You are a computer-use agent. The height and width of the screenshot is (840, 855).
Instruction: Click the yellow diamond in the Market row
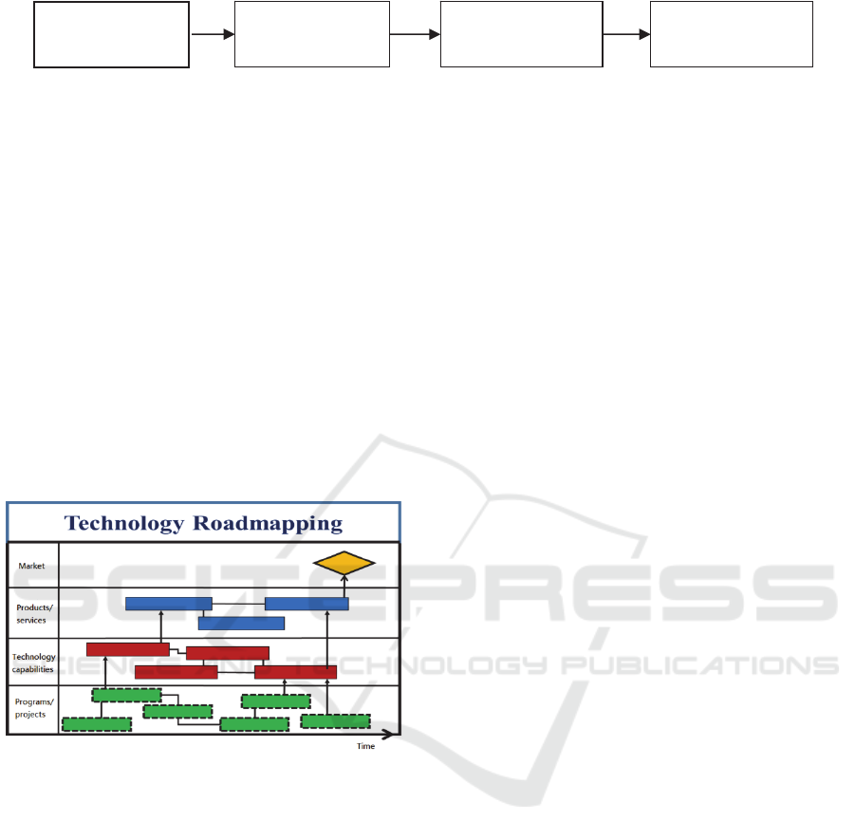pyautogui.click(x=344, y=563)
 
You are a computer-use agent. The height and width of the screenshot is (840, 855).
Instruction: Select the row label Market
pyautogui.click(x=31, y=567)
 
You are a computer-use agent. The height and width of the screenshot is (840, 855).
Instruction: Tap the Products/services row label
pyautogui.click(x=34, y=614)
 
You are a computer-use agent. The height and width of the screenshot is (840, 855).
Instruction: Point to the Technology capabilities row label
pyautogui.click(x=34, y=663)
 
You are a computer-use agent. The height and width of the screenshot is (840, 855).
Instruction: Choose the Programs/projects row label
pyautogui.click(x=34, y=708)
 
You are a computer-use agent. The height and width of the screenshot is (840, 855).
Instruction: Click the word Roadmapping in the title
pyautogui.click(x=268, y=524)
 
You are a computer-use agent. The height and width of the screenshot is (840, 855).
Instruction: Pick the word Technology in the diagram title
pyautogui.click(x=124, y=524)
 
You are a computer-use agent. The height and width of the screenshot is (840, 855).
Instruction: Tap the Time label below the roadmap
pyautogui.click(x=366, y=746)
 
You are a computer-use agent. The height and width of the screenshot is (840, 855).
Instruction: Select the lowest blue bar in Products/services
pyautogui.click(x=242, y=624)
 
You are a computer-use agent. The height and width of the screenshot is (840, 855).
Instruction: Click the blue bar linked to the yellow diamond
pyautogui.click(x=307, y=604)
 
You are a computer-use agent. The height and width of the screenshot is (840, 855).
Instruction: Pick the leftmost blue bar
pyautogui.click(x=169, y=604)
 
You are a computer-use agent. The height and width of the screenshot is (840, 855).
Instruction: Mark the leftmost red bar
pyautogui.click(x=128, y=649)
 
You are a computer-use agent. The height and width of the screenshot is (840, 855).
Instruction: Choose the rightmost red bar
pyautogui.click(x=295, y=673)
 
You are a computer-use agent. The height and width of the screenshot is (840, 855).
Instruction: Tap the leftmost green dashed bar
pyautogui.click(x=97, y=724)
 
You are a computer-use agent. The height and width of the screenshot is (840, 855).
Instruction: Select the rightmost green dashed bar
pyautogui.click(x=336, y=721)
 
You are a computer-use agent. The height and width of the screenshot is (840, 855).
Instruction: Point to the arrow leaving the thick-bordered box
pyautogui.click(x=213, y=34)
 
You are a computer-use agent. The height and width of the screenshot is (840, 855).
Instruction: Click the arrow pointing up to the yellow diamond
pyautogui.click(x=344, y=586)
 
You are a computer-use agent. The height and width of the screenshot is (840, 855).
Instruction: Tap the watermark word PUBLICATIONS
pyautogui.click(x=699, y=665)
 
